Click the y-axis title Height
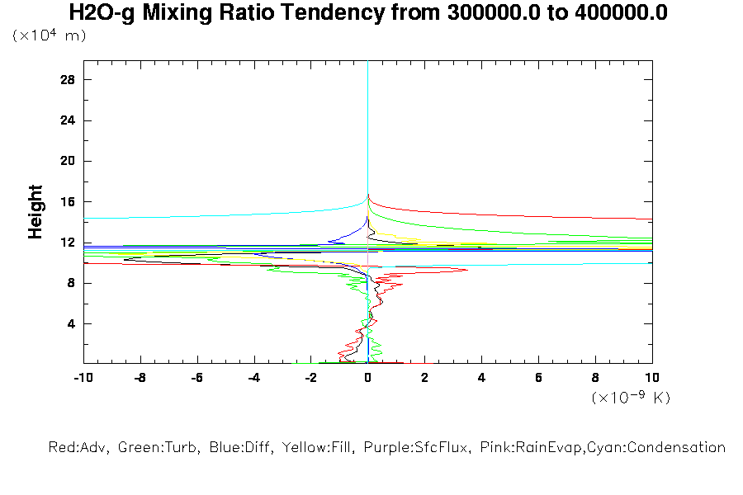[35, 212]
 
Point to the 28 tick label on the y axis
[68, 79]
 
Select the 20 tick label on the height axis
[68, 161]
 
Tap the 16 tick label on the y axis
[68, 201]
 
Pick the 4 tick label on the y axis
[71, 323]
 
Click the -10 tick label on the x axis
[83, 377]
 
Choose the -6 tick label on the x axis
[196, 377]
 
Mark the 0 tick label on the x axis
[367, 377]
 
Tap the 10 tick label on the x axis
[652, 377]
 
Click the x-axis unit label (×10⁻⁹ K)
[631, 398]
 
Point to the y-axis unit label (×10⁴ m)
[49, 35]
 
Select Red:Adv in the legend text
[78, 448]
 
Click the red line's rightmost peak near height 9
[467, 270]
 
